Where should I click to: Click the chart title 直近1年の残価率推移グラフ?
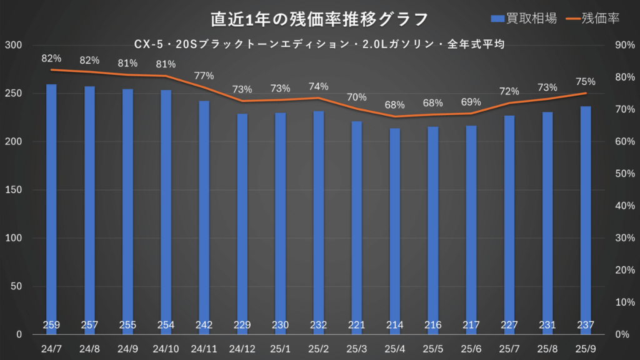click(320, 19)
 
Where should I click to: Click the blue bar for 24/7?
click(51, 206)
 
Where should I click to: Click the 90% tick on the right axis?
click(623, 45)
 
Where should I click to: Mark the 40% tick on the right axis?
click(623, 206)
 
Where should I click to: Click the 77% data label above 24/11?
click(204, 76)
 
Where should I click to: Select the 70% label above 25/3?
click(357, 97)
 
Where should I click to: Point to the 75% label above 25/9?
click(586, 81)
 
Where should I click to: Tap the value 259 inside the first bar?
click(51, 325)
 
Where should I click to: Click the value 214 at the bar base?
click(395, 325)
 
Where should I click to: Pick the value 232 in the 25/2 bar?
click(319, 325)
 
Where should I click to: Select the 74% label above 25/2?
click(319, 86)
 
